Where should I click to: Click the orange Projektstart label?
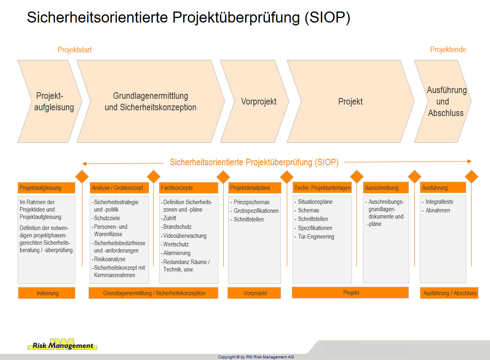(75, 50)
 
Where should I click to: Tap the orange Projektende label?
(448, 50)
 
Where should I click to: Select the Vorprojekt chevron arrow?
(255, 101)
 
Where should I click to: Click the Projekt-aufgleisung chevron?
(50, 101)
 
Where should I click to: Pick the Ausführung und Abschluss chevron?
(443, 101)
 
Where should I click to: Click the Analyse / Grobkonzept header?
(119, 188)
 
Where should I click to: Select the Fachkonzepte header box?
(188, 188)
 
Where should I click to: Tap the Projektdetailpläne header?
(254, 188)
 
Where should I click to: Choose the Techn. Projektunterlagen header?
(322, 187)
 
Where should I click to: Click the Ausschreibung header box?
(386, 187)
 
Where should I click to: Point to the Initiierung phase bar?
(47, 293)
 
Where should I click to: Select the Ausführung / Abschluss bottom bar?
(449, 293)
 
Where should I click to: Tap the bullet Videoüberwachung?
(184, 236)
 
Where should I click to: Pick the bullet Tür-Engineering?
(314, 237)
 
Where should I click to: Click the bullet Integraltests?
(438, 202)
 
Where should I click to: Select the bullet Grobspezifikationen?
(254, 211)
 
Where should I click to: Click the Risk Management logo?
(63, 344)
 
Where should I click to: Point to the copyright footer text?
(256, 357)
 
